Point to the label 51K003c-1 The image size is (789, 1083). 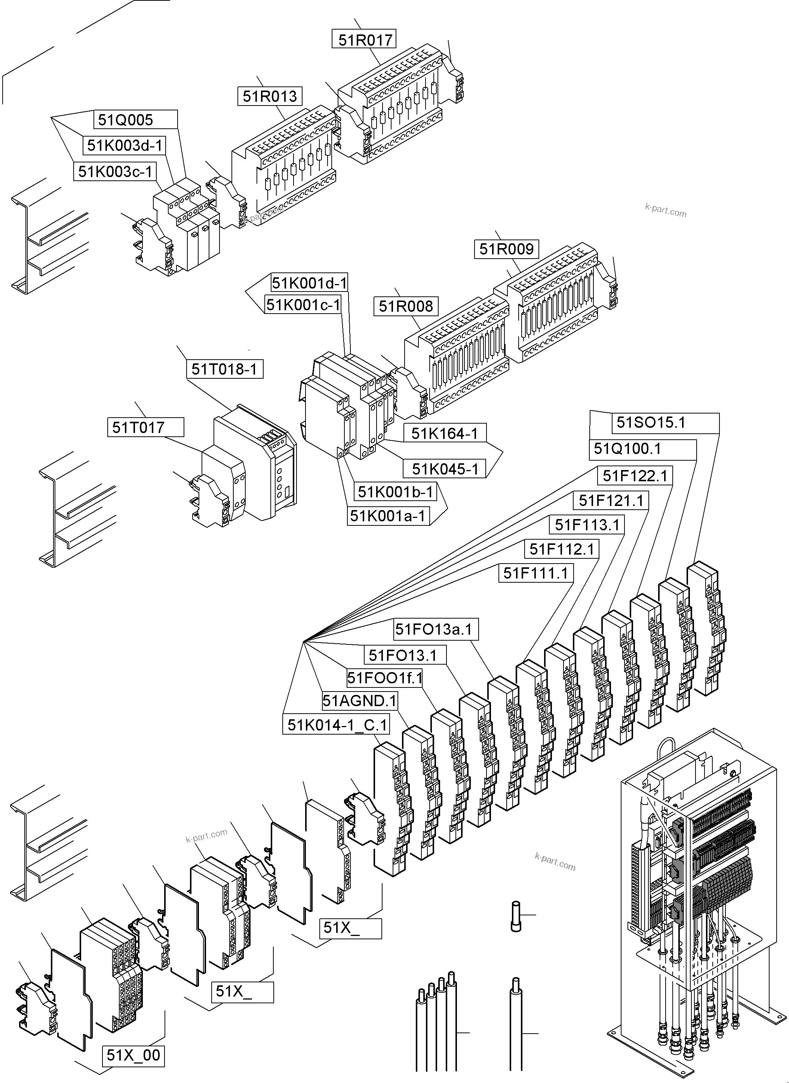115,171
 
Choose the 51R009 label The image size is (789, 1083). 506,249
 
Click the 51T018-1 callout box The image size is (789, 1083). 224,369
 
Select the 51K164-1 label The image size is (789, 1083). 445,433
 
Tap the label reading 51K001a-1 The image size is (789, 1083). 388,516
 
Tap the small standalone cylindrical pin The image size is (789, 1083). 516,916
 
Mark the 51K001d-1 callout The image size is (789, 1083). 309,283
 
